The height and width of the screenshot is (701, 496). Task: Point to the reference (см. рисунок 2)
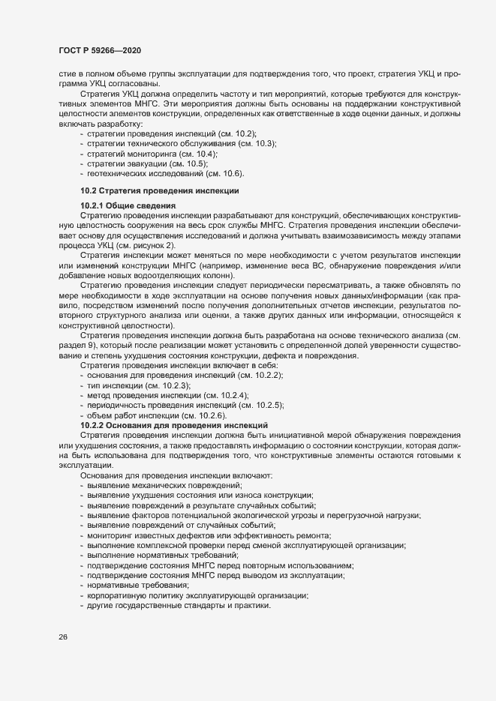[130, 245]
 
